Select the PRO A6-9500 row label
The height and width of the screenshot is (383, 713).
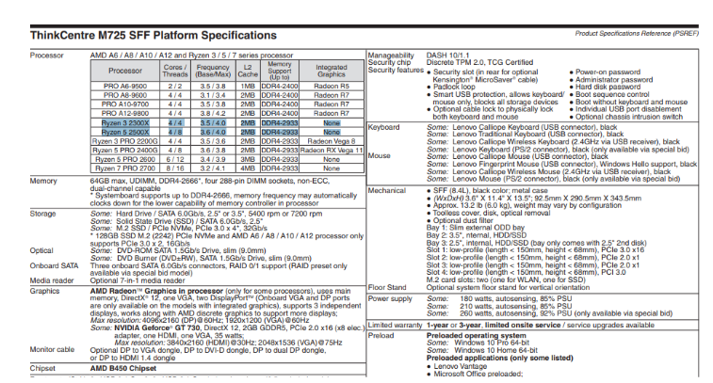125,85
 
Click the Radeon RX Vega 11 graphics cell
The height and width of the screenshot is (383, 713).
331,150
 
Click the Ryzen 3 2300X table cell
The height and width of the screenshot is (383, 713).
125,124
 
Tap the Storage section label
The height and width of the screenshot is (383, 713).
44,213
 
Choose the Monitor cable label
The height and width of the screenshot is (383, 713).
54,349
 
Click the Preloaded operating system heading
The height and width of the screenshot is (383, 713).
489,334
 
